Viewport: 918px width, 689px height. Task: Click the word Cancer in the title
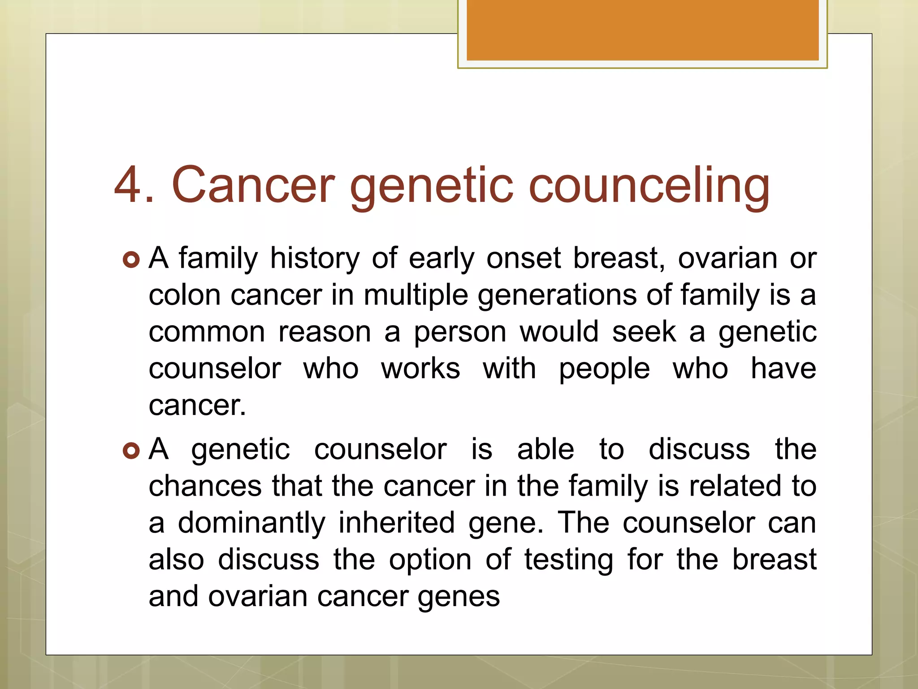tap(253, 185)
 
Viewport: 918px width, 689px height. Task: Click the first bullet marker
tap(131, 260)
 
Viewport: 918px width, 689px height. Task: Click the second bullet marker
tap(131, 450)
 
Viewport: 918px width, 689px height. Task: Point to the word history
tap(315, 259)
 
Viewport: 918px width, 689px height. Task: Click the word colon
tap(185, 296)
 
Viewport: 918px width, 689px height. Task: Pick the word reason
tap(325, 332)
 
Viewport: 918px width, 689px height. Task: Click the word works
tap(420, 369)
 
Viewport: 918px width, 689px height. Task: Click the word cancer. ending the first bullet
tap(197, 406)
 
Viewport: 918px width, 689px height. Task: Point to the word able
tap(546, 449)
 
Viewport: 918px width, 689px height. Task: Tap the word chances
tap(205, 486)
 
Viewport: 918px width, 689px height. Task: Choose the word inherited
tap(396, 523)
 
